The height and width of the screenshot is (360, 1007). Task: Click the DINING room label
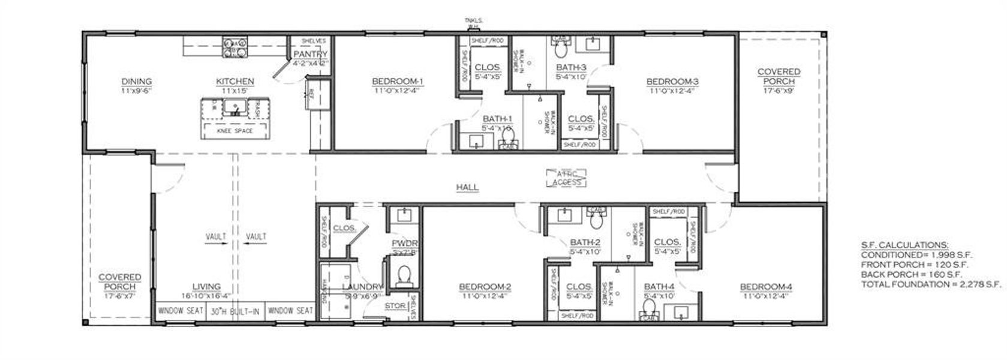[137, 82]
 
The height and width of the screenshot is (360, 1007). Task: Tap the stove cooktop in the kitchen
[235, 47]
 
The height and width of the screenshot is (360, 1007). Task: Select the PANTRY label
[310, 55]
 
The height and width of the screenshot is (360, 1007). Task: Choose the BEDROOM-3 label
[672, 82]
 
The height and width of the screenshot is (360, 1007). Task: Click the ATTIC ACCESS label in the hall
[566, 178]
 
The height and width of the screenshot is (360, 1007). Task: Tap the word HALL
[467, 187]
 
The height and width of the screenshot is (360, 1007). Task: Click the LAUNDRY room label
[362, 287]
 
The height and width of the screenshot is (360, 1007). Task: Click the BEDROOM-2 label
[485, 287]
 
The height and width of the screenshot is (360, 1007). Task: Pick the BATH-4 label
[659, 287]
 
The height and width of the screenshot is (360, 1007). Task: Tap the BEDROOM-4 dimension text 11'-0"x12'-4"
[765, 295]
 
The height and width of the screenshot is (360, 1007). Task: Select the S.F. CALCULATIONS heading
[904, 245]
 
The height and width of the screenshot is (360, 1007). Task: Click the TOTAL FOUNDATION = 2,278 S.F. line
[931, 284]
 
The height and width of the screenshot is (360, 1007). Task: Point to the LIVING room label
[206, 287]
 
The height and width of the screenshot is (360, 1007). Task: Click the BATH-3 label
[571, 67]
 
